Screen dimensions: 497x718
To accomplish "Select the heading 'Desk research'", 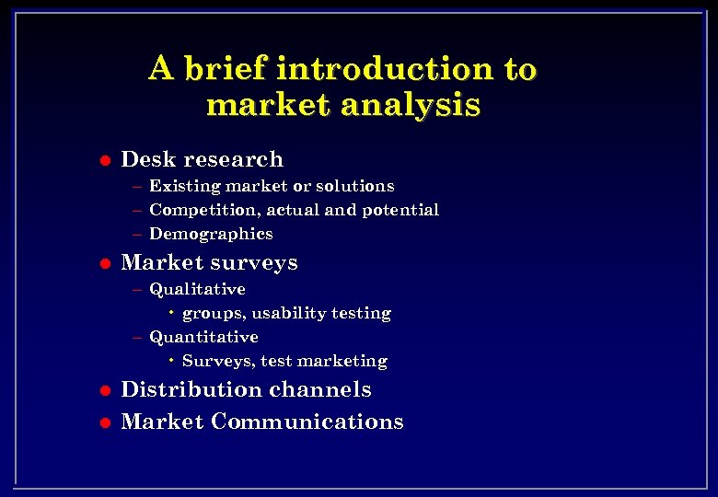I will [x=202, y=159].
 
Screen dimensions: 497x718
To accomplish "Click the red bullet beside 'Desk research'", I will [x=105, y=160].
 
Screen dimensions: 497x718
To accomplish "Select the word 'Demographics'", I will [x=211, y=234].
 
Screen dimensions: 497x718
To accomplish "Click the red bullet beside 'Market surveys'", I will [x=105, y=263].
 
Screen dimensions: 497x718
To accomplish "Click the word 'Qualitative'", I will [x=197, y=289].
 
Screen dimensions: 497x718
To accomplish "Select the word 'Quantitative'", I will [x=203, y=337].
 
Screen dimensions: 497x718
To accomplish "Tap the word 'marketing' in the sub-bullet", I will [x=349, y=361].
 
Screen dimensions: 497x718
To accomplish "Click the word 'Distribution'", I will [x=189, y=389].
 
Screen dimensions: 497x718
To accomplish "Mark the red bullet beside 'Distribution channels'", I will [x=105, y=390].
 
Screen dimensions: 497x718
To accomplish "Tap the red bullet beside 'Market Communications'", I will [x=105, y=422].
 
